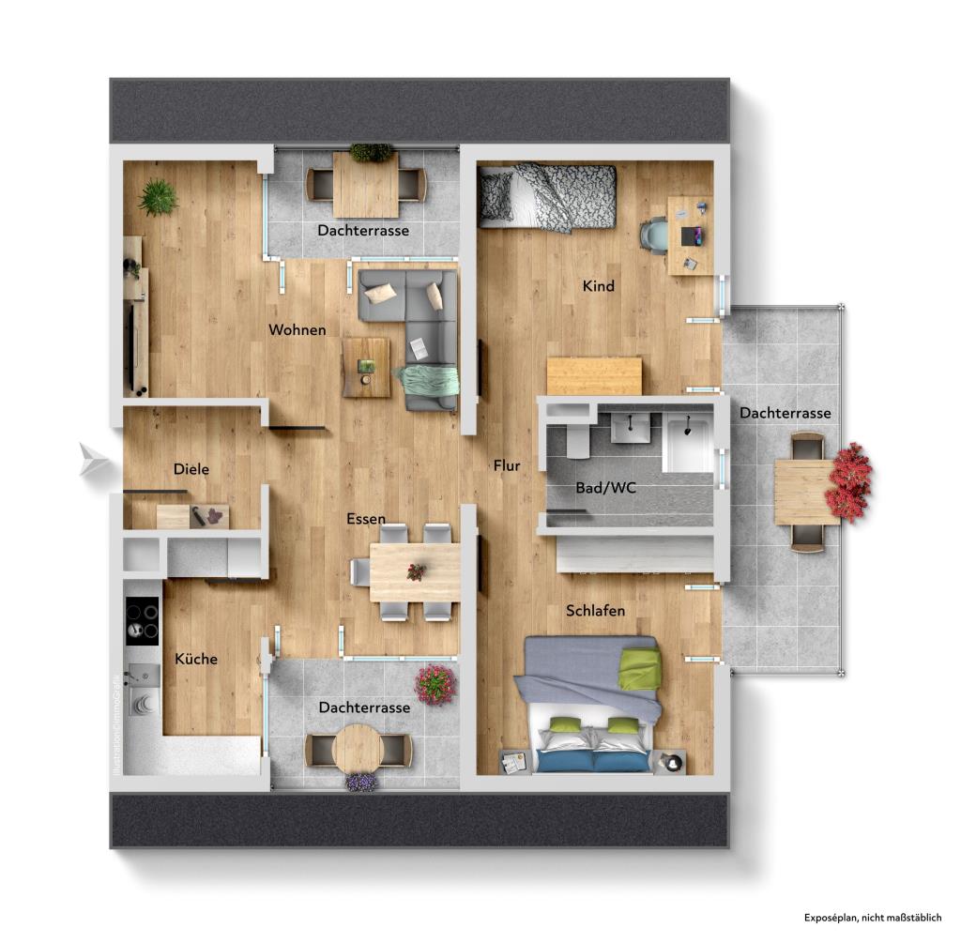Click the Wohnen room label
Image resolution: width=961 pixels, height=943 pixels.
(x=297, y=329)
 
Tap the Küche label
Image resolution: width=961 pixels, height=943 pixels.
(x=196, y=659)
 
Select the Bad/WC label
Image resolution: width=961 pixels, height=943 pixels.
(x=600, y=488)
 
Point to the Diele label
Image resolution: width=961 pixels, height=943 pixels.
(x=191, y=469)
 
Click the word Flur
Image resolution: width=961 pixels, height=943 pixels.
(x=507, y=464)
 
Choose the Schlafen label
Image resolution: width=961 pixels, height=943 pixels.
(x=595, y=611)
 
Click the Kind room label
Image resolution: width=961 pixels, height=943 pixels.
(x=599, y=286)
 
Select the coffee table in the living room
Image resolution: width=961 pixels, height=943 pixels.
(x=366, y=367)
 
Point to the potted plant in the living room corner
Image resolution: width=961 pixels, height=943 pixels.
(x=158, y=197)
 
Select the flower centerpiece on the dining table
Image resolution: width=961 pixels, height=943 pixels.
(x=416, y=570)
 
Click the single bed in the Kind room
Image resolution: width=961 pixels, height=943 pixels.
(x=546, y=197)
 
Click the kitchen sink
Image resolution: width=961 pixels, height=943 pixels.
(x=144, y=675)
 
